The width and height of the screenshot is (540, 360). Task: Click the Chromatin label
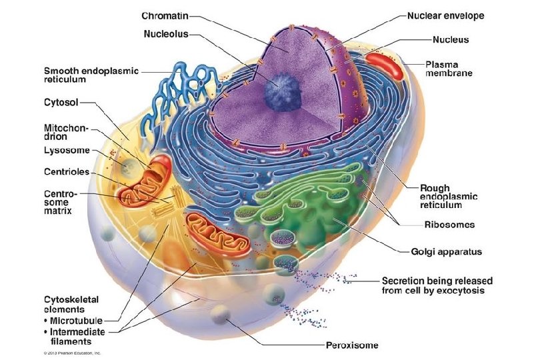coord(164,15)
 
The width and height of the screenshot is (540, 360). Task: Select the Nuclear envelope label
coord(445,15)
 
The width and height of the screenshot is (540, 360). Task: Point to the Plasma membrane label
coord(449,69)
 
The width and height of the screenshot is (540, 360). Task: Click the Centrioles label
coord(66,172)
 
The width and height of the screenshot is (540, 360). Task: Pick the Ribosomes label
coord(449,225)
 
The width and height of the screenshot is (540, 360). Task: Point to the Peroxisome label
coord(352,345)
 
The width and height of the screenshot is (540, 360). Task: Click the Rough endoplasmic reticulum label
coord(446,197)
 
